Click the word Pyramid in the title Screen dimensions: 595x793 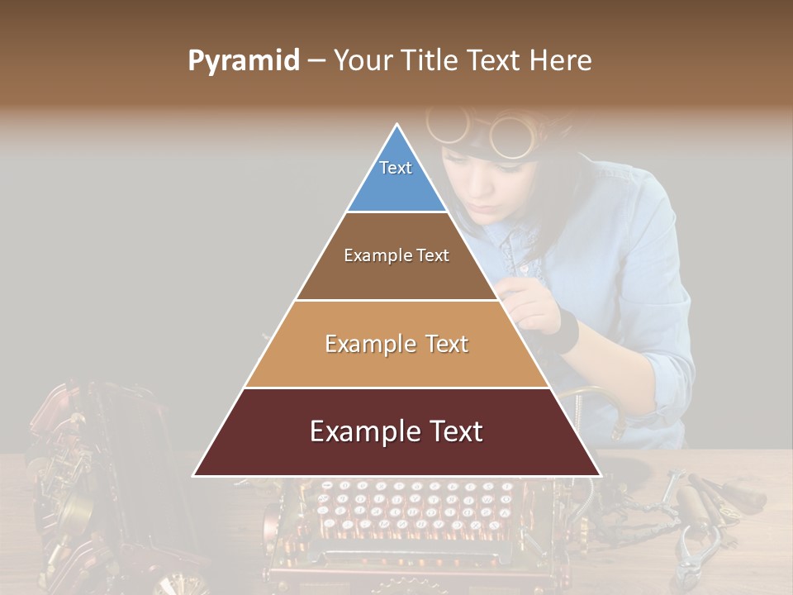[x=244, y=60]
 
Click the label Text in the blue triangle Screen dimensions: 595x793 [x=396, y=168]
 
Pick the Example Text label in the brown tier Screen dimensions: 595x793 [x=396, y=255]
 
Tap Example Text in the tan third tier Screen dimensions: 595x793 [x=396, y=344]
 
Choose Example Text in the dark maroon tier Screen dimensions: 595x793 [x=396, y=431]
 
